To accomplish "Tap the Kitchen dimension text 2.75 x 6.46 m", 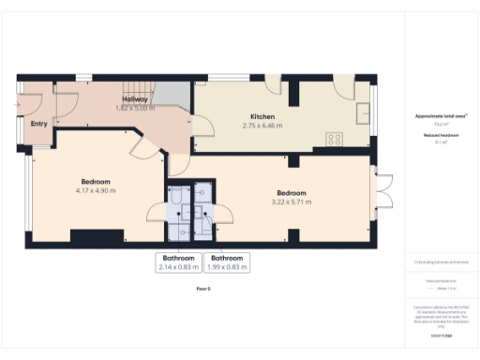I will click(262, 125).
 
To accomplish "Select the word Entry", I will click(38, 123).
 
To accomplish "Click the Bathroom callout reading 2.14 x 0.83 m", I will click(178, 262).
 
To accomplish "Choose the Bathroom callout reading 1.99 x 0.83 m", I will click(229, 262).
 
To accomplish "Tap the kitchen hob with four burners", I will click(333, 139).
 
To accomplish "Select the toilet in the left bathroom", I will click(175, 197).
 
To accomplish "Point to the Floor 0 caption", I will click(202, 289).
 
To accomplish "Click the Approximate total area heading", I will click(442, 116).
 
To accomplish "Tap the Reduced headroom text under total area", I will click(441, 137).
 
